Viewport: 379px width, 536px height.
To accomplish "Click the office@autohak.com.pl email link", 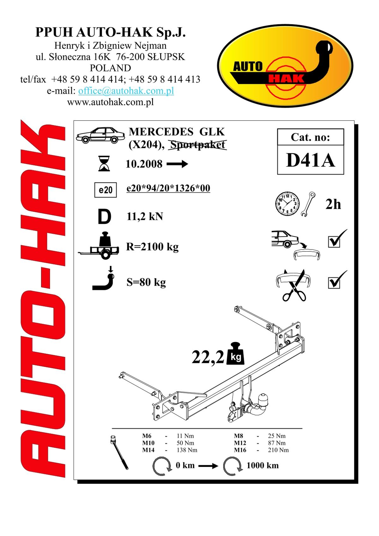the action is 126,91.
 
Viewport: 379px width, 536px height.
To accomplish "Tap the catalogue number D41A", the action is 310,160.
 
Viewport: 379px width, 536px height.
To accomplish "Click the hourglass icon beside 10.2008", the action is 104,163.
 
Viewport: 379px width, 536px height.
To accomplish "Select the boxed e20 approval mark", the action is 105,190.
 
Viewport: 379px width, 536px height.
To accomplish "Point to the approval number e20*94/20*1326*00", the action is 168,188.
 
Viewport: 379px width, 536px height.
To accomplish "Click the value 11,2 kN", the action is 145,217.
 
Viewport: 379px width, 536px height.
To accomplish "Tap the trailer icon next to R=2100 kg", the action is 99,246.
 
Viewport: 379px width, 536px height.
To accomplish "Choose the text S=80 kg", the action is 146,282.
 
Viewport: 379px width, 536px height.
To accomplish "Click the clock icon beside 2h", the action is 287,204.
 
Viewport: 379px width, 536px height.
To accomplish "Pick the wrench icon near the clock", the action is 308,204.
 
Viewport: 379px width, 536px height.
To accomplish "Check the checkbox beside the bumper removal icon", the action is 334,242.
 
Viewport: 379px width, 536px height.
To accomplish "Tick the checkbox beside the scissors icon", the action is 334,283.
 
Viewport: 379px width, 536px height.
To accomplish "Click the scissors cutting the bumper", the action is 295,286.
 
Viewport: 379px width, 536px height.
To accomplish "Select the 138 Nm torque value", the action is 187,450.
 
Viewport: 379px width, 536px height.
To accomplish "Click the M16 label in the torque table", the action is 240,450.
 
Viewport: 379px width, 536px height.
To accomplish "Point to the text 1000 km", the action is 262,466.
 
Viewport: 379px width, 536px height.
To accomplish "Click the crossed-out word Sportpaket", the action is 198,145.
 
